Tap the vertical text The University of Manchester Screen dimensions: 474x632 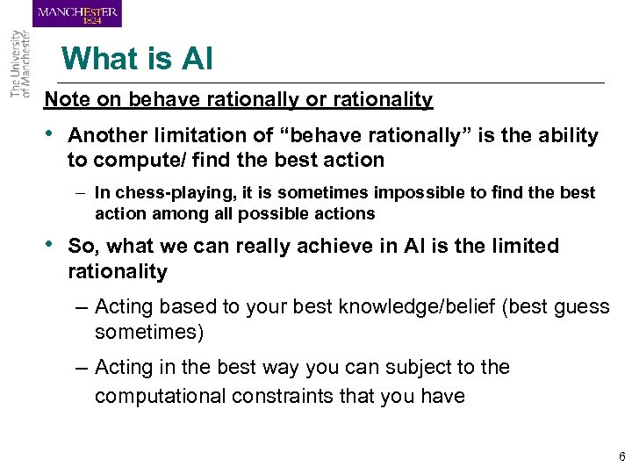tap(19, 65)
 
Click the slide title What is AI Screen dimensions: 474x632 tap(137, 59)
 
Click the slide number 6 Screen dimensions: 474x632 tap(621, 456)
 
